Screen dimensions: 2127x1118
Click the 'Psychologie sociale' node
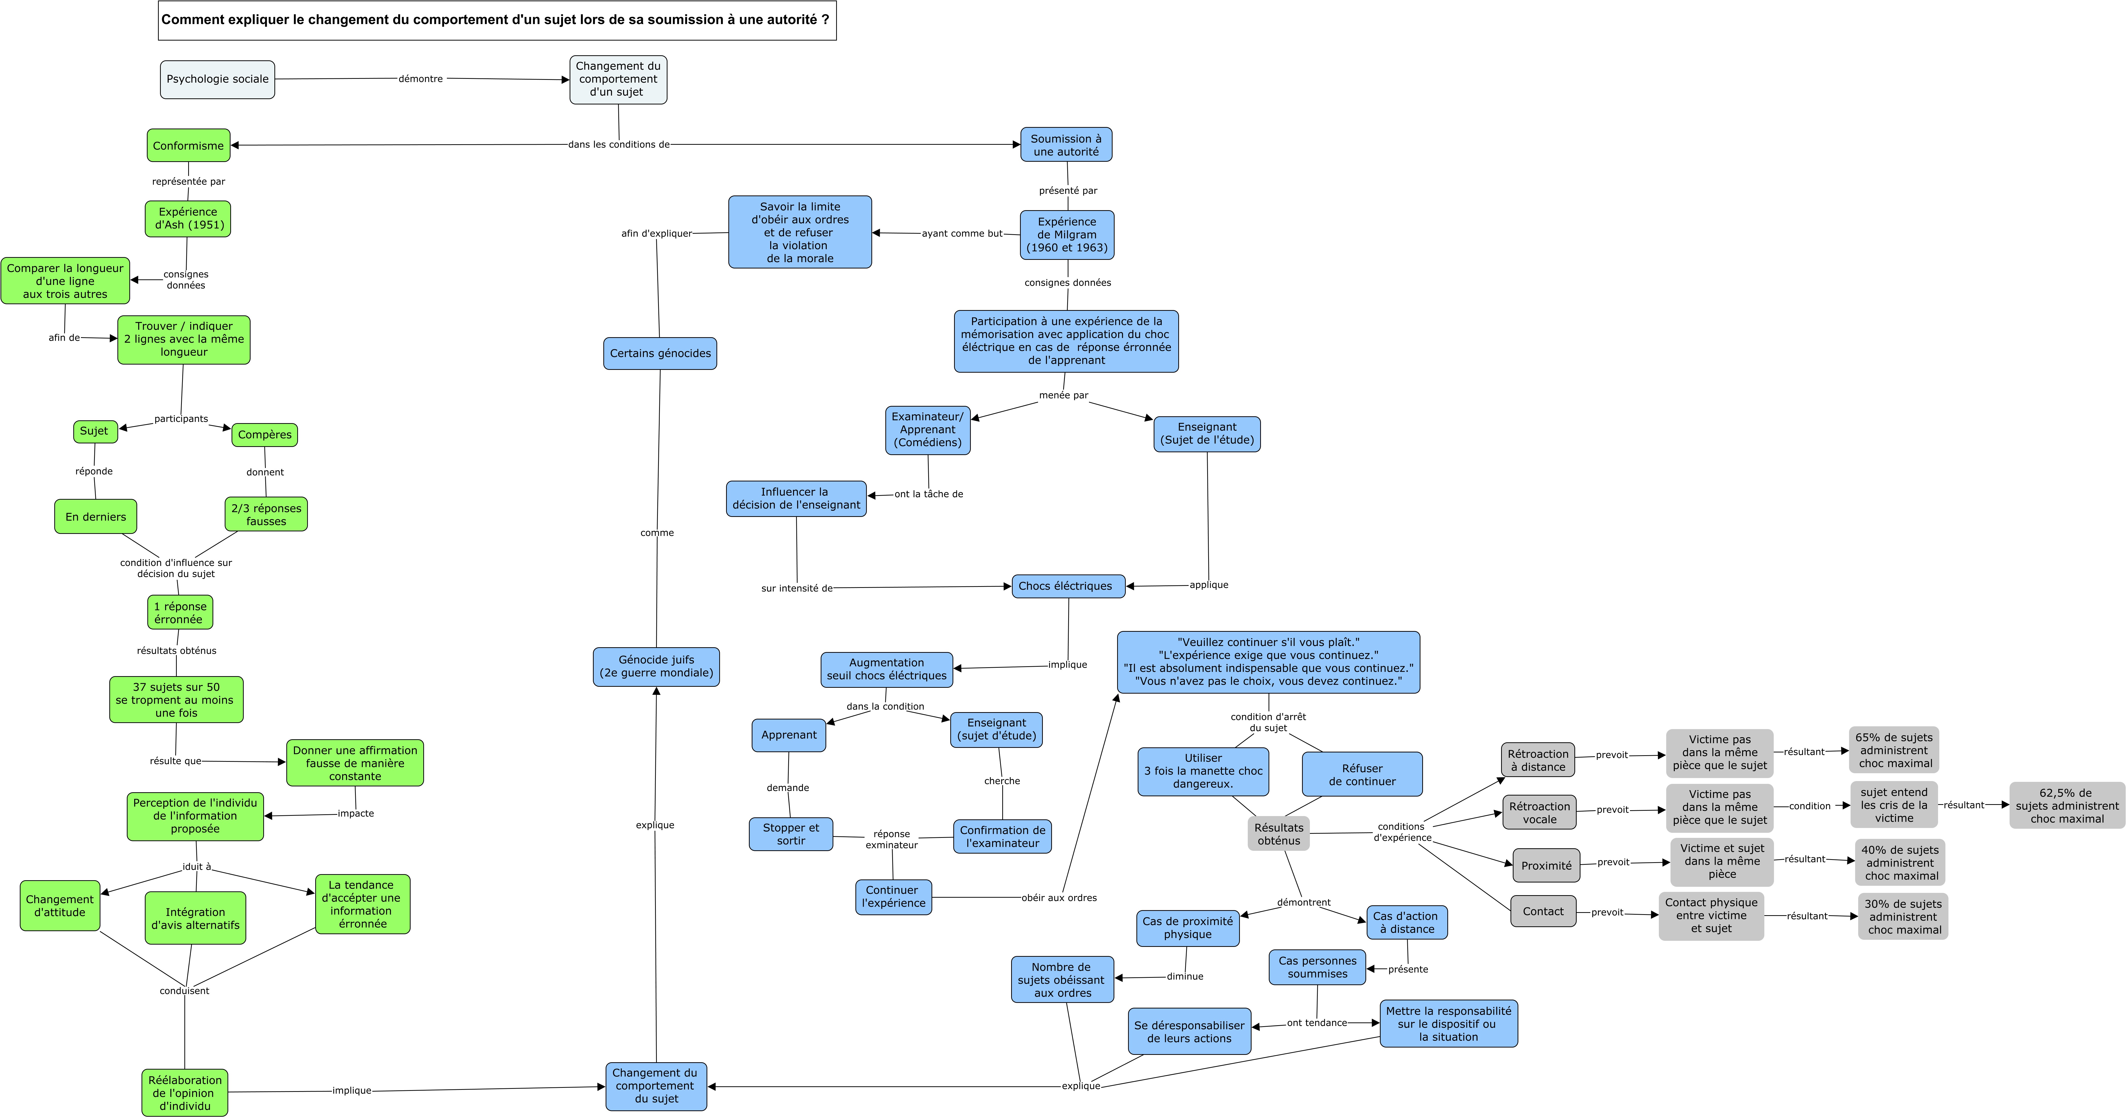(217, 79)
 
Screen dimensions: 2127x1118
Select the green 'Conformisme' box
(188, 145)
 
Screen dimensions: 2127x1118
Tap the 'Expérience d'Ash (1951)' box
(188, 219)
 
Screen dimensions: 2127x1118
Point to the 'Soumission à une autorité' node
(1066, 145)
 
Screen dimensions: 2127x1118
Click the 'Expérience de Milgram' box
(1067, 235)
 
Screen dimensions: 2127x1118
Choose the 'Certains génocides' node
(660, 353)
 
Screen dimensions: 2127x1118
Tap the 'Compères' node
(264, 434)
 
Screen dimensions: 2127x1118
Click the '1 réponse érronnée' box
(180, 613)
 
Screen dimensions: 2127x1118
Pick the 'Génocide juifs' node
(656, 666)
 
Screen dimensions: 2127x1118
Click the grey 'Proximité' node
(1546, 865)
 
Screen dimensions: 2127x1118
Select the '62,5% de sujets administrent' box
(2067, 805)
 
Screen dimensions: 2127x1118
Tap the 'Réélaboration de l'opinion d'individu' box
(185, 1092)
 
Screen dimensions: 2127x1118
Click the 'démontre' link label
(421, 79)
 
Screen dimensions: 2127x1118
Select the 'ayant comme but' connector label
(962, 234)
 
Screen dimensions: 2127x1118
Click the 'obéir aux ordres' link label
(1059, 897)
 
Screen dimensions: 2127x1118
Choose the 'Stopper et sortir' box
(791, 834)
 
